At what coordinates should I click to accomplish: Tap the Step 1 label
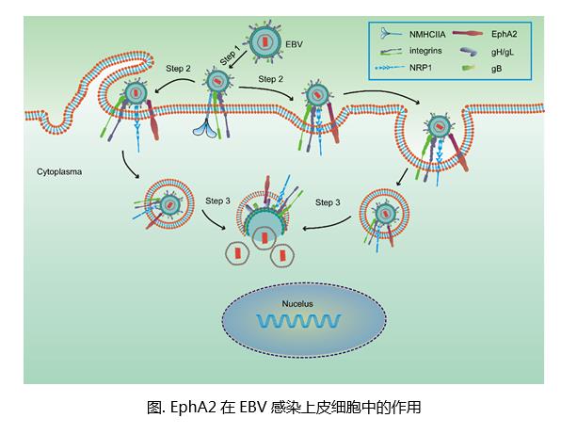pyautogui.click(x=229, y=54)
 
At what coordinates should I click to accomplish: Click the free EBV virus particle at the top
pyautogui.click(x=264, y=40)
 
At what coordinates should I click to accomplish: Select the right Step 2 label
pyautogui.click(x=271, y=79)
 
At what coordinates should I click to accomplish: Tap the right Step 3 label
pyautogui.click(x=333, y=201)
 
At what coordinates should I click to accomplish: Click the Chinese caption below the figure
pyautogui.click(x=280, y=407)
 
